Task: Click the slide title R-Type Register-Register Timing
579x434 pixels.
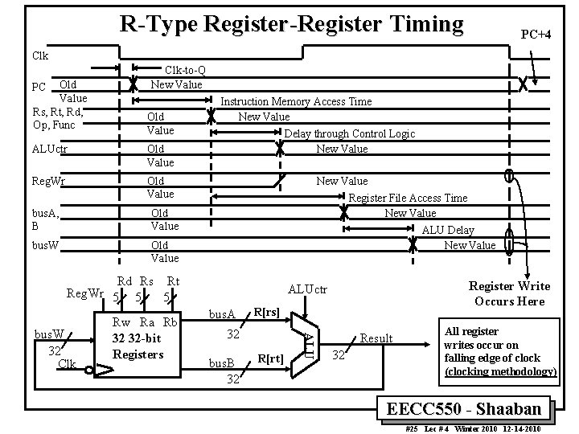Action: point(291,24)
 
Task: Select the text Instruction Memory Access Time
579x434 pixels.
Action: point(296,101)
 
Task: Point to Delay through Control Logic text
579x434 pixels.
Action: point(350,133)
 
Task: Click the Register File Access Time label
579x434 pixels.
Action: point(407,198)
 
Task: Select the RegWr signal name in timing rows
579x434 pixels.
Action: point(49,181)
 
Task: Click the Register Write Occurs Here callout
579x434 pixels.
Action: point(509,293)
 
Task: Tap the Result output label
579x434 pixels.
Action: point(376,338)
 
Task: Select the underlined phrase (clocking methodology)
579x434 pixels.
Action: point(499,371)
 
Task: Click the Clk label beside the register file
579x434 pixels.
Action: point(67,364)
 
